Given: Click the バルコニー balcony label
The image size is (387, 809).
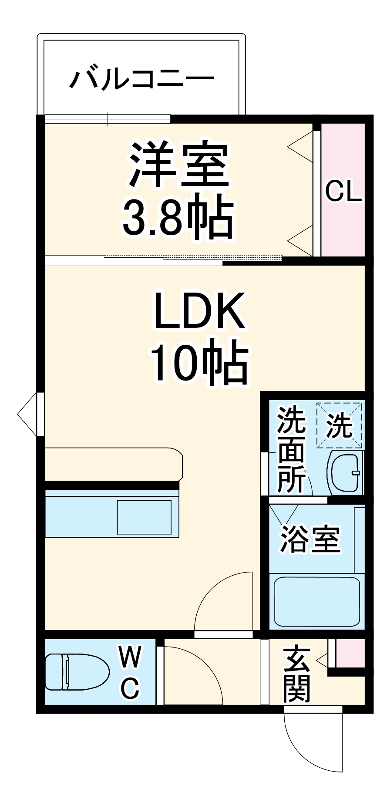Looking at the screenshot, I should tap(142, 79).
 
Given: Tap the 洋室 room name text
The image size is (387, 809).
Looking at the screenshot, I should tap(178, 165).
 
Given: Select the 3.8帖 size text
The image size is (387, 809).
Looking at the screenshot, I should tap(178, 217).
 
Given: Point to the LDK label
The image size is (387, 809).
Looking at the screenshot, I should tap(199, 310).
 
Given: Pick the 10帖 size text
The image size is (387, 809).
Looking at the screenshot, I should tap(199, 361).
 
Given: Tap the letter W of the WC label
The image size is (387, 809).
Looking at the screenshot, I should tap(130, 657).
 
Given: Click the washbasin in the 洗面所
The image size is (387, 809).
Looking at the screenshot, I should tap(346, 472).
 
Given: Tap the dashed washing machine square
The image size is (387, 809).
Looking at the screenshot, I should tap(340, 425).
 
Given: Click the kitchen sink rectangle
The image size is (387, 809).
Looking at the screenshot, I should tap(144, 517).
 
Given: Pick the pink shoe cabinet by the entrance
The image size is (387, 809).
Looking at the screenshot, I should tap(350, 653).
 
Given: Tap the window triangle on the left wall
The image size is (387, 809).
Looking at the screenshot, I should tap(27, 414).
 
